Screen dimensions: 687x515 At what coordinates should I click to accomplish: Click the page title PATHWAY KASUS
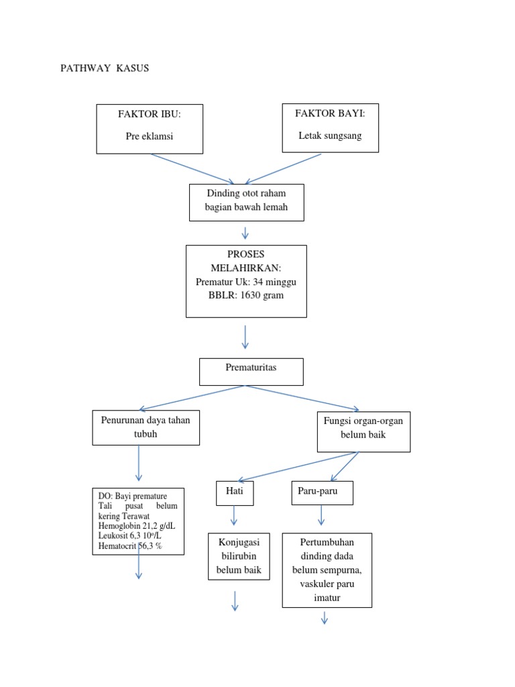tap(105, 69)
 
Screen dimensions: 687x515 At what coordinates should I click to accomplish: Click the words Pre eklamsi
tap(150, 136)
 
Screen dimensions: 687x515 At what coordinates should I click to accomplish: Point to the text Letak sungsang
tap(330, 136)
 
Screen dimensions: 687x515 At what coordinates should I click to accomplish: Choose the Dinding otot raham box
tap(246, 202)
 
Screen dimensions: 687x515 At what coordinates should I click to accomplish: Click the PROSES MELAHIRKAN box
tap(246, 280)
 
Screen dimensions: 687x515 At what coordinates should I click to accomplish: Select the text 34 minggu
tap(274, 282)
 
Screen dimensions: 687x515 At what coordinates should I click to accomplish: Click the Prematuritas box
tap(251, 371)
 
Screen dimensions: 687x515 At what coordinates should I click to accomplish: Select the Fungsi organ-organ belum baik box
tap(363, 431)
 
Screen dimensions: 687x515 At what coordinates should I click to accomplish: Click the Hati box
tap(234, 492)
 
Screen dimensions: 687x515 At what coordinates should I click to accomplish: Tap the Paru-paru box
tap(322, 492)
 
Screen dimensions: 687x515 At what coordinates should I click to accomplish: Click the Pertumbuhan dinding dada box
tap(327, 570)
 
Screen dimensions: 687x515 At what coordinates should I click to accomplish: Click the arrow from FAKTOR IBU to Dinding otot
tap(192, 168)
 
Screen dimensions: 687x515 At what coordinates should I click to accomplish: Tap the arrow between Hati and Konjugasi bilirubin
tap(234, 515)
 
